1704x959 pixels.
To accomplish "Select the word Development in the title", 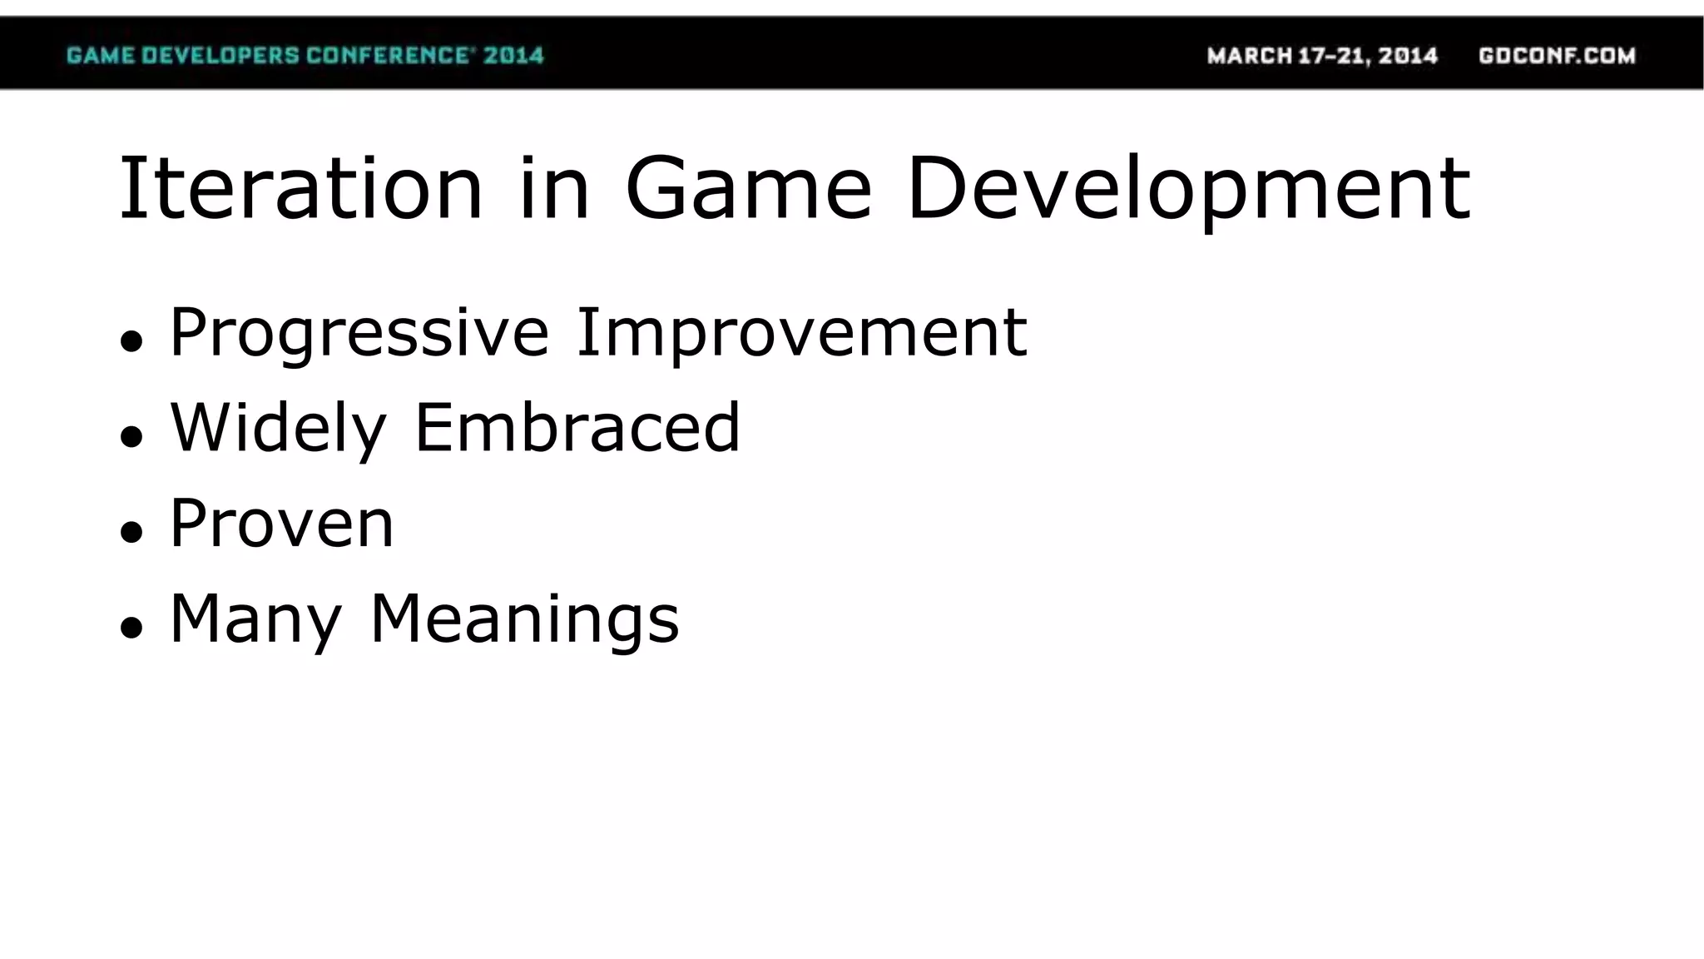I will coord(1189,190).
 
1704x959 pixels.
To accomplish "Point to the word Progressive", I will coord(359,334).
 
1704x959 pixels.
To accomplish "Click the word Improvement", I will coord(801,334).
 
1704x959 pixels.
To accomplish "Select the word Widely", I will coord(278,429).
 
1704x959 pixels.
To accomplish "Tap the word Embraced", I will coord(577,427).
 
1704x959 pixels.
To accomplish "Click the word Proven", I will coord(281,524).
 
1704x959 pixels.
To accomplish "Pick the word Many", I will coord(255,620).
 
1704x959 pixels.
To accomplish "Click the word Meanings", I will coord(524,620).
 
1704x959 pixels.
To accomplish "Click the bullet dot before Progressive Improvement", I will coord(131,340).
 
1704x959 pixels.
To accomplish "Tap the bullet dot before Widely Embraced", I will coord(131,436).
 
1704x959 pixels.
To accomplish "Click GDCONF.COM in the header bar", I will coord(1557,56).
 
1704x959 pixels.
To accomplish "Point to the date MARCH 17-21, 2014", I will coord(1322,56).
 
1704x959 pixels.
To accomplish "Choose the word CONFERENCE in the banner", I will coord(387,56).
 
